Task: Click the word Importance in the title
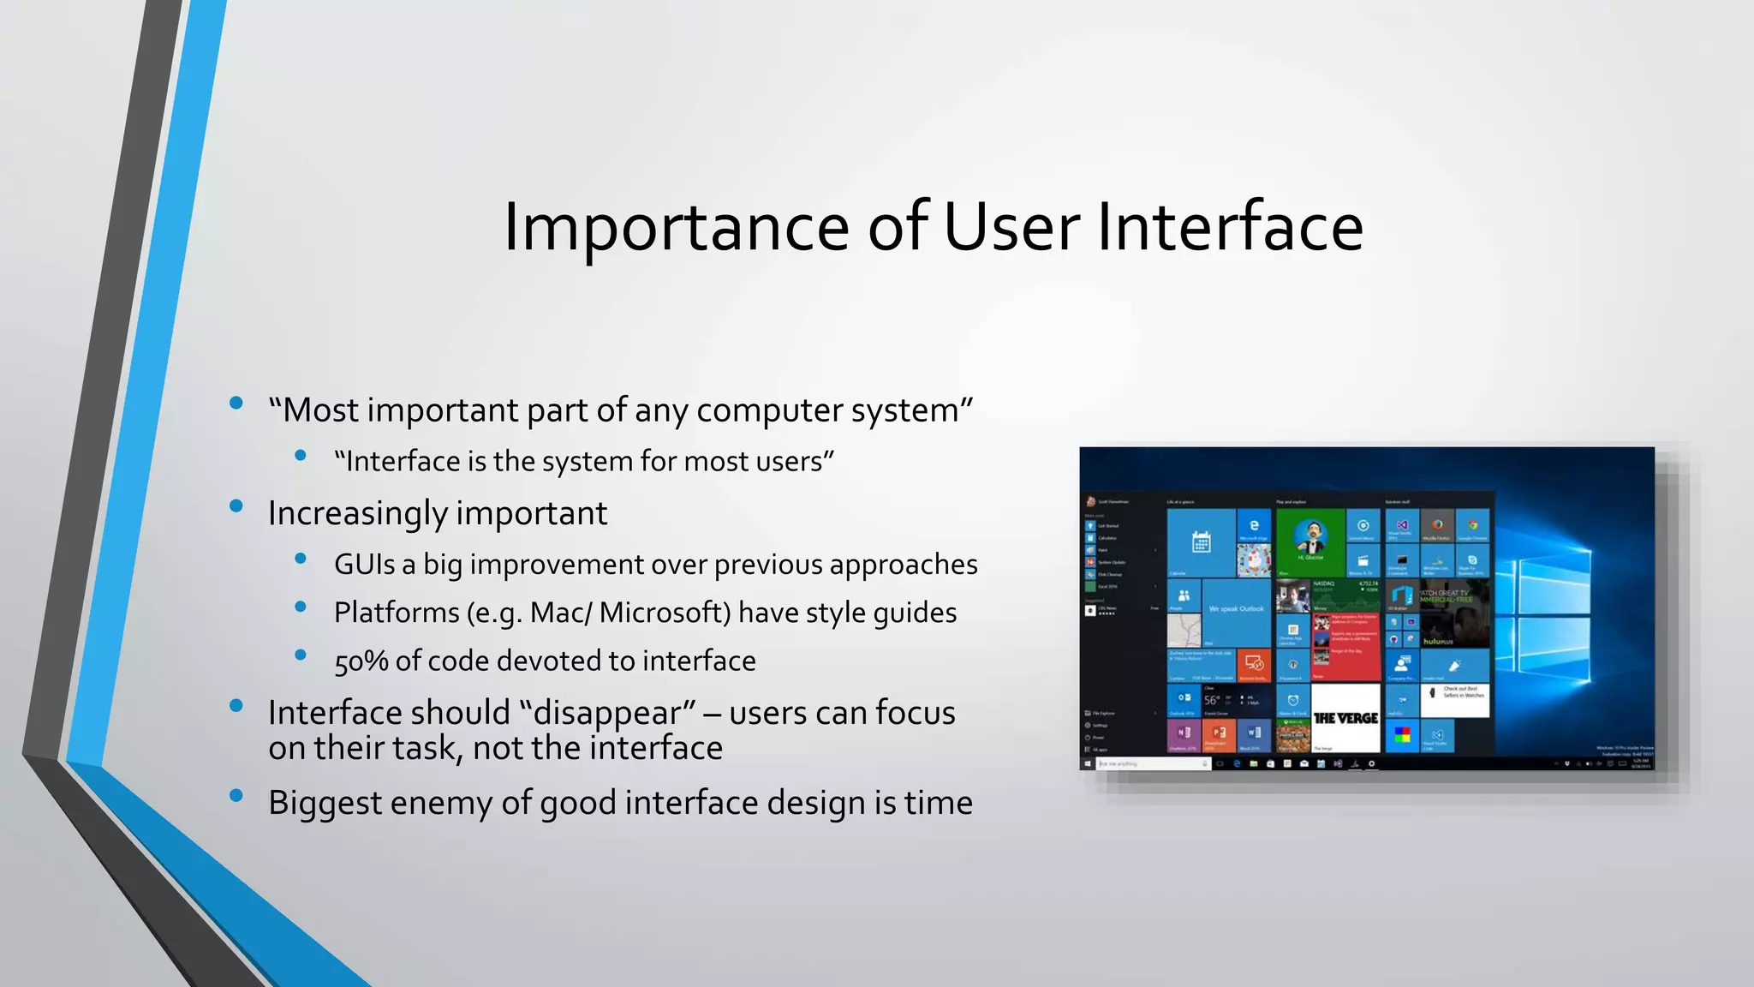(676, 228)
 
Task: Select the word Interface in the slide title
(1230, 228)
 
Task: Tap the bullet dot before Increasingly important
(236, 505)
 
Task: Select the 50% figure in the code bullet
(361, 661)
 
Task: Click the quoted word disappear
(607, 714)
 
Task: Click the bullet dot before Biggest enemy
(236, 795)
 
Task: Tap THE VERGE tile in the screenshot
(1345, 718)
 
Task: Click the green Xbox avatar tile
(1310, 541)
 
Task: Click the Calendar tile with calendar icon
(1201, 542)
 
